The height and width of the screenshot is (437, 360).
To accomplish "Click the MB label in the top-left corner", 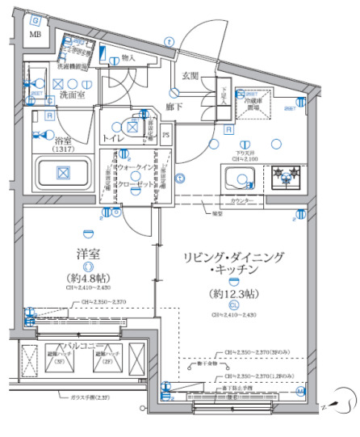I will tap(36, 34).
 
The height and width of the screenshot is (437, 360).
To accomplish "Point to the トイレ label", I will tap(114, 138).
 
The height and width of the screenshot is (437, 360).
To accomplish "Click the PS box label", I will tap(166, 135).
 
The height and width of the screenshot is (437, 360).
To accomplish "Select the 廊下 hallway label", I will tap(173, 105).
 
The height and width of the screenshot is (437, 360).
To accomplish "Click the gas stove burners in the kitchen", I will tap(284, 175).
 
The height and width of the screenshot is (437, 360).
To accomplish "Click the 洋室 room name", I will tap(88, 254).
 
